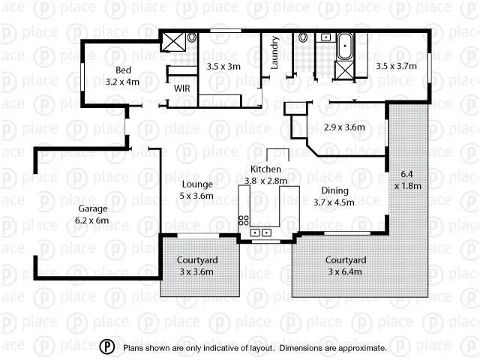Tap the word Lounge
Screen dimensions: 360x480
point(197,184)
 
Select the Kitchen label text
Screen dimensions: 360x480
point(265,169)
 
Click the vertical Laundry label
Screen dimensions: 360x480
point(275,52)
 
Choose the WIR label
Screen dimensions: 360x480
point(182,88)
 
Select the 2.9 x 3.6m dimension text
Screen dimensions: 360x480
point(343,127)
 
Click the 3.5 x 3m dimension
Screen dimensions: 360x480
point(223,66)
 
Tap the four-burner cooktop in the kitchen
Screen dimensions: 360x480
point(244,219)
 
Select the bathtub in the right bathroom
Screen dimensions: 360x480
point(346,46)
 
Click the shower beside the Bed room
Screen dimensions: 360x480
point(174,40)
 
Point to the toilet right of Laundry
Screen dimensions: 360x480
point(303,37)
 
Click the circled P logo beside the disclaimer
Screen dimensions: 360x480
point(109,347)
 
